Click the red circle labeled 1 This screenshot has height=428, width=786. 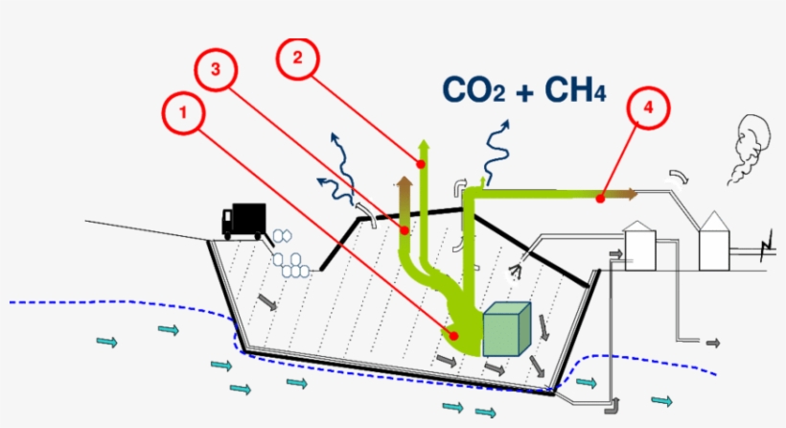point(181,113)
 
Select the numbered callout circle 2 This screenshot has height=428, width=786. point(297,58)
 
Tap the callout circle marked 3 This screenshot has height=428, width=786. point(216,70)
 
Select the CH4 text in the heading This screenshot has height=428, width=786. point(575,89)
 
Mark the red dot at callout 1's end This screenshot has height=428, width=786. point(454,335)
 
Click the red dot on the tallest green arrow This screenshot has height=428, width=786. point(421,164)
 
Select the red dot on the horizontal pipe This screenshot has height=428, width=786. point(599,199)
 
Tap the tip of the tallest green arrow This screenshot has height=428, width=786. point(421,141)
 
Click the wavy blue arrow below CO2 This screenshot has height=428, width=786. point(497,149)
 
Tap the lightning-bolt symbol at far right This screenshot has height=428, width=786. point(764,252)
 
